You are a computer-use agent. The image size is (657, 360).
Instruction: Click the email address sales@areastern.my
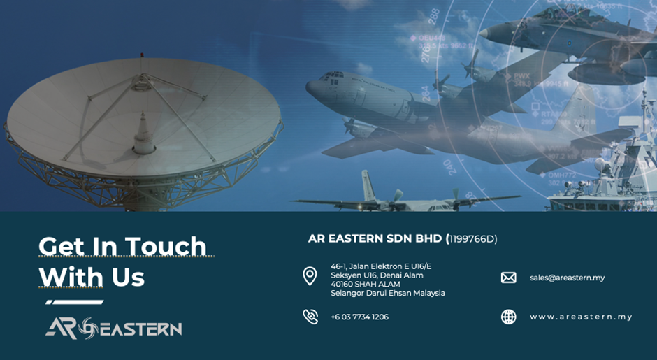tap(567, 278)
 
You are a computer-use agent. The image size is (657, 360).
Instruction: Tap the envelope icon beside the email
tap(509, 278)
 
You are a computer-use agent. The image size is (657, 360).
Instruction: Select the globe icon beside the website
tap(509, 317)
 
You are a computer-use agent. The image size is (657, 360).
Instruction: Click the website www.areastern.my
tap(581, 317)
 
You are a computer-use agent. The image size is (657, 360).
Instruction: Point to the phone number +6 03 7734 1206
tap(359, 317)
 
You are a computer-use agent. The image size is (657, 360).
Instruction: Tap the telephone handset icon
tap(310, 317)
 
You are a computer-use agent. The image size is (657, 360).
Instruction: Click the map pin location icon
tap(310, 277)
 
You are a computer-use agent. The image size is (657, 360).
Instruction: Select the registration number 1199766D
tap(471, 239)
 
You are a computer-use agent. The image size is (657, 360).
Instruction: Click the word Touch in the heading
tap(166, 246)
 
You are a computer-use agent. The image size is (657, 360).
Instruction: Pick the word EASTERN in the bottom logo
tap(140, 329)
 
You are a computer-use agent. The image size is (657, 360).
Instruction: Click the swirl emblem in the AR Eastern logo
tap(88, 328)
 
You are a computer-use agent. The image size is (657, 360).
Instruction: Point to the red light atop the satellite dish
tap(141, 55)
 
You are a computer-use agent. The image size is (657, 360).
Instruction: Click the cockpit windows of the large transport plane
tap(331, 76)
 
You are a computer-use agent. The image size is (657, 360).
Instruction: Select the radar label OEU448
tap(431, 38)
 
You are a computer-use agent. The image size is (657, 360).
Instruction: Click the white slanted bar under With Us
tap(75, 302)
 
